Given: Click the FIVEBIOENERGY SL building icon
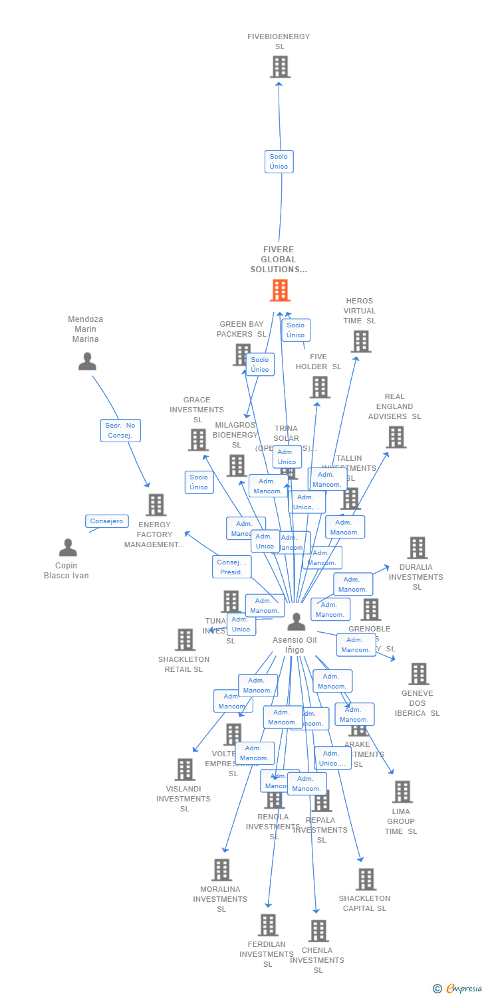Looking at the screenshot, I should click(280, 67).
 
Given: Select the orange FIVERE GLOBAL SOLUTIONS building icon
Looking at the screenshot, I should click(280, 291).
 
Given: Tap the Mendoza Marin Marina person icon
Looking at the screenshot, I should click(87, 361).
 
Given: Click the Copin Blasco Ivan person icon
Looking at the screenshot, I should click(68, 548).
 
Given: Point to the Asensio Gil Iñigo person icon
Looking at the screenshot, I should click(297, 622).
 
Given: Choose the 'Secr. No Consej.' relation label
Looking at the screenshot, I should click(120, 430).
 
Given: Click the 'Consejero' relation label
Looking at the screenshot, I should click(106, 521).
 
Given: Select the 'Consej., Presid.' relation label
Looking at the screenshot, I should click(231, 566).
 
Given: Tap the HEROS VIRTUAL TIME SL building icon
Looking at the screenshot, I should click(360, 341).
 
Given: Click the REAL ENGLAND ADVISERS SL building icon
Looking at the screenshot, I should click(396, 437).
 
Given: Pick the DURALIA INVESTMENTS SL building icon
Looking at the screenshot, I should click(417, 548).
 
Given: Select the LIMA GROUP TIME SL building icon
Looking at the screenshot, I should click(402, 791).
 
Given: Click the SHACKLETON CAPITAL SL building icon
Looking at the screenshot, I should click(366, 879).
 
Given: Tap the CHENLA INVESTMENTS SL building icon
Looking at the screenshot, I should click(318, 931).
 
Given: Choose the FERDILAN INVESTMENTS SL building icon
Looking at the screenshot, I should click(267, 925).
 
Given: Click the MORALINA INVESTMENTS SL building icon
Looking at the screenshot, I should click(221, 870).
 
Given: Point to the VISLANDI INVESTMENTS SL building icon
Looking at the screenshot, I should click(184, 770).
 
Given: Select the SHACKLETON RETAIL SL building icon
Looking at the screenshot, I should click(184, 640).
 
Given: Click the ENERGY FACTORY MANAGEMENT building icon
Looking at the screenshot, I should click(156, 505).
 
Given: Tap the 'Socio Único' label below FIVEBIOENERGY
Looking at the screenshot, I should click(279, 161).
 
